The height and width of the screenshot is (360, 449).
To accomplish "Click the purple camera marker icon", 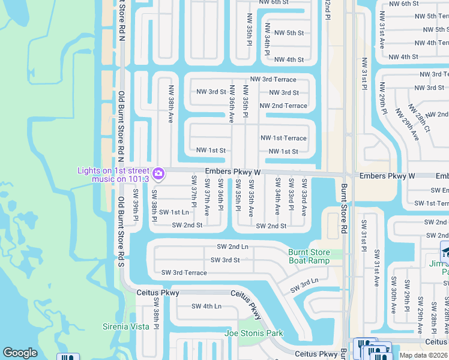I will click(158, 174).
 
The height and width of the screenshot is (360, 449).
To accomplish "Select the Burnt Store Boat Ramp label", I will click(309, 256).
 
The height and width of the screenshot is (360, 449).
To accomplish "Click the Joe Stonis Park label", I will click(253, 333).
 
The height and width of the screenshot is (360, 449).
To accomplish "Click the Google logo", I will click(20, 353).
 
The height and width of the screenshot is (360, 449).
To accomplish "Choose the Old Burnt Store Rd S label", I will click(121, 232).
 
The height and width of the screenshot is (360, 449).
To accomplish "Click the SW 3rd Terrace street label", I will click(184, 273).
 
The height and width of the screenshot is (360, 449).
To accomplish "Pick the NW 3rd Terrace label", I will click(273, 79).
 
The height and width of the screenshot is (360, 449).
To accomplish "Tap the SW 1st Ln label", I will click(173, 212).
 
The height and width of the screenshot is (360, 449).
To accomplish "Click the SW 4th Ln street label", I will click(206, 306).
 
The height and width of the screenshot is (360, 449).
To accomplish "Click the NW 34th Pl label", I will click(267, 42).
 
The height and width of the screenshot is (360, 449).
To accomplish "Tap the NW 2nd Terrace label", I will click(283, 106).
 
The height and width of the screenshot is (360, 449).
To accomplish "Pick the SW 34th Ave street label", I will click(277, 196).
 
